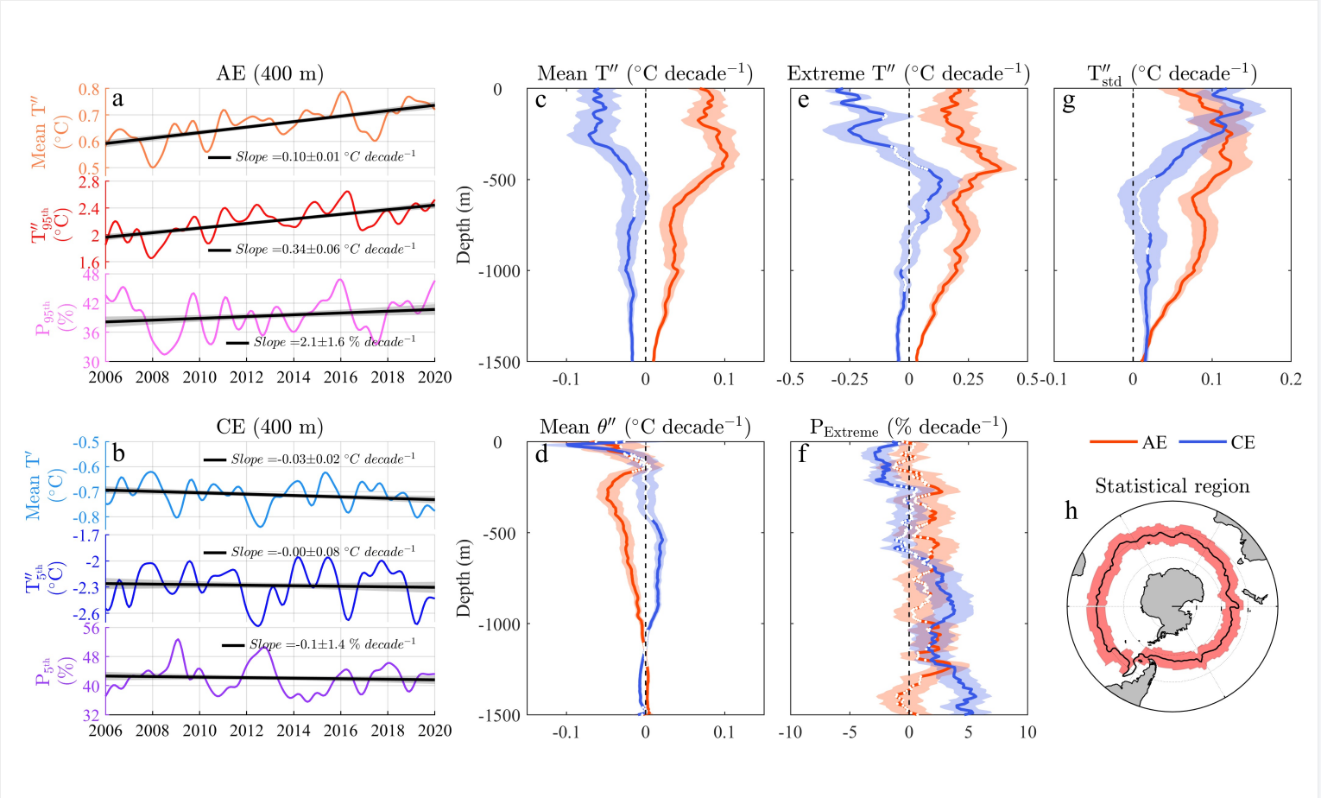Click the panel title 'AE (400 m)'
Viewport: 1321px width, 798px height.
(269, 74)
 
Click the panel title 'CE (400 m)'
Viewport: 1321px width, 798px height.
(269, 427)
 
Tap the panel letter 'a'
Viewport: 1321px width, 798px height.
(118, 99)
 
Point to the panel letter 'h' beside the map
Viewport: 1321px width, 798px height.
(1071, 510)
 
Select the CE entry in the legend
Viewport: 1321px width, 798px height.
(1218, 442)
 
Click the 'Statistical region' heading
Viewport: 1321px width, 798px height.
(1172, 486)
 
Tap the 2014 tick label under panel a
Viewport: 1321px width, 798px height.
(294, 377)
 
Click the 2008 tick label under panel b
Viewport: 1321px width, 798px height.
(153, 731)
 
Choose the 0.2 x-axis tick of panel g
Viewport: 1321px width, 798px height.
(1290, 379)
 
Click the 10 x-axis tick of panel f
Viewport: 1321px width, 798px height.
(1027, 732)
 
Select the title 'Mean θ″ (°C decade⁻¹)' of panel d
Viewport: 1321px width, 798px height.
(644, 427)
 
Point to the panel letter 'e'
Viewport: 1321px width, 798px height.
(803, 100)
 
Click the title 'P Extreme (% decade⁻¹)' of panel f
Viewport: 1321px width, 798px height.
(908, 427)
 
